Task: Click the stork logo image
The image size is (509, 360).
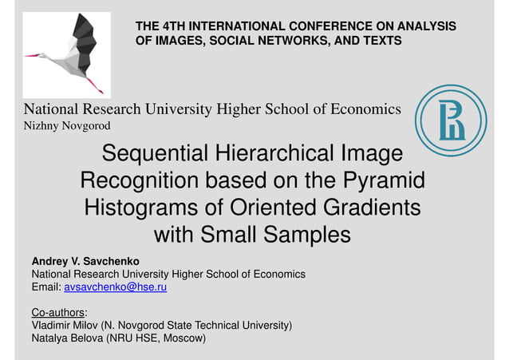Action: tap(66, 54)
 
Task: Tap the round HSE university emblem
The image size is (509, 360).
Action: tap(450, 120)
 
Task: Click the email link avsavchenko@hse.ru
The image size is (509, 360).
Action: tap(115, 287)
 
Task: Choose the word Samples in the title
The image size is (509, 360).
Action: tap(307, 235)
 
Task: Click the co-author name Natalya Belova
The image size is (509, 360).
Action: tap(66, 338)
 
